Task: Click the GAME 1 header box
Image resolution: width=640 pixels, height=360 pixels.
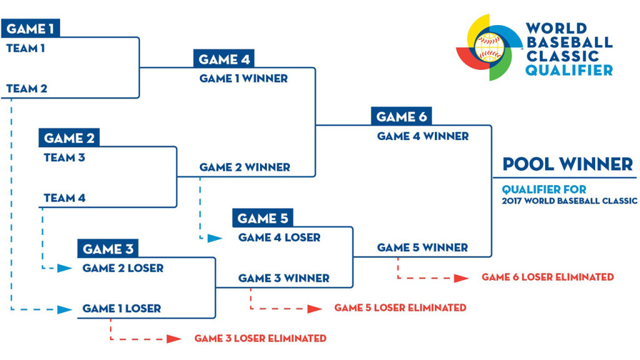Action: click(31, 29)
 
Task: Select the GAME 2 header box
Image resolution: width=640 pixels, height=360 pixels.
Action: click(69, 138)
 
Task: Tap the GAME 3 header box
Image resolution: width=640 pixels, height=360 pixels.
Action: click(107, 249)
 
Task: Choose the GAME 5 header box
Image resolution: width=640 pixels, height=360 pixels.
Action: click(262, 218)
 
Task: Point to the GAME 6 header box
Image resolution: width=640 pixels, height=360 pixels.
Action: click(401, 117)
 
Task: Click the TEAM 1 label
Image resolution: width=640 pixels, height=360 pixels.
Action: click(26, 48)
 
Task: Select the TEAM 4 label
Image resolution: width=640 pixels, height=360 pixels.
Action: click(64, 198)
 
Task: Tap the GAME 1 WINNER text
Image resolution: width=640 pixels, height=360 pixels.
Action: click(243, 79)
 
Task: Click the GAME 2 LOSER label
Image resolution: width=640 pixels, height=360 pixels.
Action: click(122, 268)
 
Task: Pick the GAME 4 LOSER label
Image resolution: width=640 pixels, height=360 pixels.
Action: click(279, 237)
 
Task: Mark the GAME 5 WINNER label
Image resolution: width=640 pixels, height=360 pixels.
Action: click(422, 248)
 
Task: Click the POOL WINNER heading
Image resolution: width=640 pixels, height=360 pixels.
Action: click(567, 164)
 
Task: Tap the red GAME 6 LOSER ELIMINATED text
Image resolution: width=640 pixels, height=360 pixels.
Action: click(547, 277)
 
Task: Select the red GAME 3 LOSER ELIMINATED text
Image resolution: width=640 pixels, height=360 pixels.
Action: click(260, 338)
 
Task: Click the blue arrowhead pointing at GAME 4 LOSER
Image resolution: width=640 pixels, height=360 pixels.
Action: click(214, 238)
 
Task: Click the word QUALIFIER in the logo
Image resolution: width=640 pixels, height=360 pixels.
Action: click(569, 71)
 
